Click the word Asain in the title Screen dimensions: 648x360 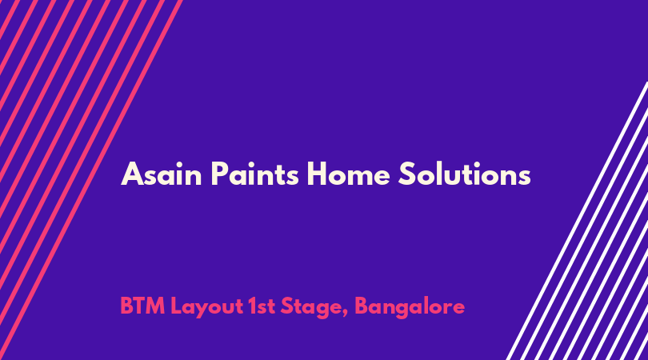[x=161, y=174]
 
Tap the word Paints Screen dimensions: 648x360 [x=254, y=174]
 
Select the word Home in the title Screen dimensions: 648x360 [x=348, y=174]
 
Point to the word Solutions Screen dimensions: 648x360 [x=465, y=174]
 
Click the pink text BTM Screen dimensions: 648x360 [x=142, y=306]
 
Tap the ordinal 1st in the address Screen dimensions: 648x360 [x=262, y=306]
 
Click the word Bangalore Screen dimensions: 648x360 [x=410, y=307]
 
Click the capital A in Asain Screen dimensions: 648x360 [x=132, y=174]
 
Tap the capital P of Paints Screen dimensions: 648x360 [x=219, y=174]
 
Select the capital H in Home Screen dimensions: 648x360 [x=317, y=174]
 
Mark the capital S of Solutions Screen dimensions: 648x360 [x=406, y=174]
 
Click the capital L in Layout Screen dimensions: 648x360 [x=177, y=306]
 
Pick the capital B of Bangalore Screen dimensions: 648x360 [x=362, y=306]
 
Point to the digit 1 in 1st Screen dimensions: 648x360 [x=253, y=306]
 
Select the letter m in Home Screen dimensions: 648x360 [x=362, y=178]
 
